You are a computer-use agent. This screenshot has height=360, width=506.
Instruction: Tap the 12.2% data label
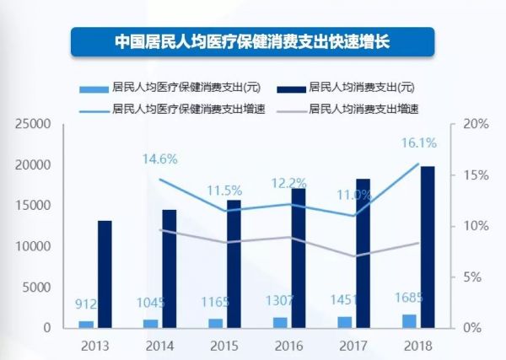(x=288, y=183)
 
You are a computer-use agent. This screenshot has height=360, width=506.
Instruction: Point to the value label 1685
(x=407, y=297)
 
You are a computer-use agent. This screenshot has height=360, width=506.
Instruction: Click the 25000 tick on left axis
(x=35, y=124)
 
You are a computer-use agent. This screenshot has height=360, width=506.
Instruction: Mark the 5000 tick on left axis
(x=39, y=287)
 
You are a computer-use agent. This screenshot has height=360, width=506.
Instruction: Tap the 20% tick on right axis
(x=476, y=124)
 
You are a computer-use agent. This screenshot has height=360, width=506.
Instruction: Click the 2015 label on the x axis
(x=223, y=345)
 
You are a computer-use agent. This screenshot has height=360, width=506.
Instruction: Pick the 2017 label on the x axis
(x=353, y=345)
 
